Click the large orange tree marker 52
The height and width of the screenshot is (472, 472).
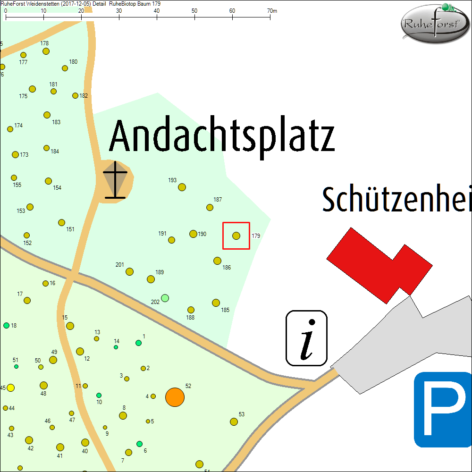click(x=175, y=397)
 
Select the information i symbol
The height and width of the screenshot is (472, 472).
click(x=307, y=338)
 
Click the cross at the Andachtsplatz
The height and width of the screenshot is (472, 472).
click(x=115, y=180)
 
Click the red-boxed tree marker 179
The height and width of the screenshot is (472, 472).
click(x=236, y=236)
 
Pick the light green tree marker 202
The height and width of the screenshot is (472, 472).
click(x=165, y=298)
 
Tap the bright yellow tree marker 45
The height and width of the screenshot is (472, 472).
click(x=10, y=388)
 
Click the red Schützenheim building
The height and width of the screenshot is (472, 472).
click(x=379, y=264)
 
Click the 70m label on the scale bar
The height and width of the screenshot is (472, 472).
click(x=271, y=10)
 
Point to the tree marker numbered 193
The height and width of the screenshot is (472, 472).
click(x=182, y=187)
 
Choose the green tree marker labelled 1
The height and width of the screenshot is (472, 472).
click(x=138, y=343)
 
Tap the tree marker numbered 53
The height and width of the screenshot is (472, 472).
click(x=234, y=421)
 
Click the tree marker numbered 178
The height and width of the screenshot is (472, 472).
click(x=46, y=51)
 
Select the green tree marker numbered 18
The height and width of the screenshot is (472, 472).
click(x=6, y=325)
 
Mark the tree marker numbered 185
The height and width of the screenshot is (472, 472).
click(x=216, y=303)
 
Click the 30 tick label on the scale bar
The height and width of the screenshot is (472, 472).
click(x=118, y=10)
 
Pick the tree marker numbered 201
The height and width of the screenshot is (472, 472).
click(x=129, y=271)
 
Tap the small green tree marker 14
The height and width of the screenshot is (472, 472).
click(x=116, y=347)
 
